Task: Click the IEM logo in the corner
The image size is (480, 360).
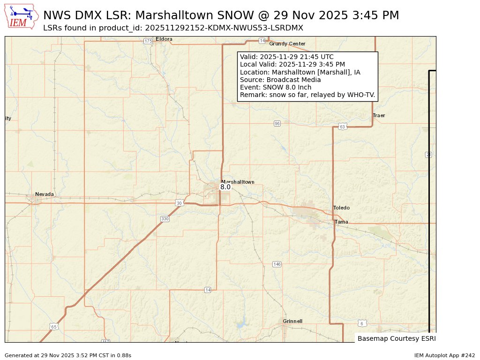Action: [22, 16]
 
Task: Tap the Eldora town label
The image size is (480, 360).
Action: [165, 39]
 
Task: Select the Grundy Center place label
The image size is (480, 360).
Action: [287, 44]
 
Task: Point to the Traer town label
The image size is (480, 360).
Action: [379, 115]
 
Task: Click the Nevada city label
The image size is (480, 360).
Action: [45, 194]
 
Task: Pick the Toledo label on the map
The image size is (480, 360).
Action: [341, 208]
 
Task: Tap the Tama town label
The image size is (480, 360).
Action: [341, 222]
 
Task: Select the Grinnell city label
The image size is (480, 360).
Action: [292, 321]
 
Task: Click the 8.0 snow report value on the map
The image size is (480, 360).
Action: [225, 187]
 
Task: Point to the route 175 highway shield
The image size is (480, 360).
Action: [148, 41]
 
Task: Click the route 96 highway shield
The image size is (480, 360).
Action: [277, 123]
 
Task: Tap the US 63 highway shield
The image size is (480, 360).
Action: [343, 127]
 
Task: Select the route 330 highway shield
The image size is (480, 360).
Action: [165, 219]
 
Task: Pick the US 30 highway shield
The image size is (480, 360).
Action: [179, 203]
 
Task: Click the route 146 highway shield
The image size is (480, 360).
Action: [277, 264]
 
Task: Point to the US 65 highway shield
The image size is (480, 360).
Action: [54, 327]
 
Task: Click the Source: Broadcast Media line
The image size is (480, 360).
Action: [280, 80]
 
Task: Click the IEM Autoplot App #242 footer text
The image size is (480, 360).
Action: [444, 355]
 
